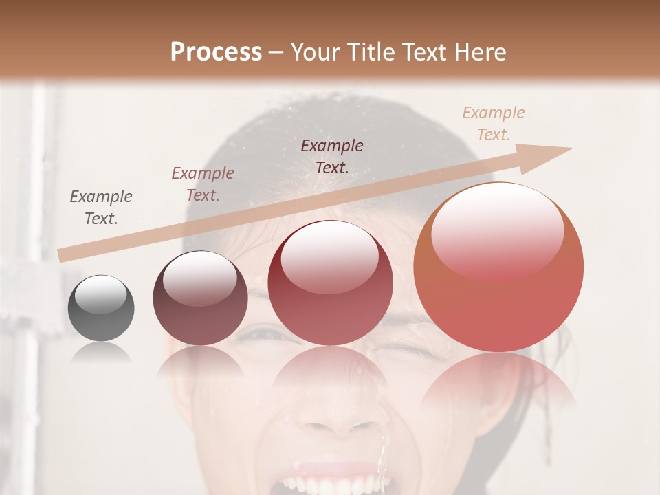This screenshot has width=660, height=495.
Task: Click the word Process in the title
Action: point(216,52)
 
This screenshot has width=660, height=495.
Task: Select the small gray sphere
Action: point(101,308)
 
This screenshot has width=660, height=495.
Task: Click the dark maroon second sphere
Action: point(200,298)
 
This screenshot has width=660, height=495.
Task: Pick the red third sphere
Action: point(330,283)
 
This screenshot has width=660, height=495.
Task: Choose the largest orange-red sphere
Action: point(498,267)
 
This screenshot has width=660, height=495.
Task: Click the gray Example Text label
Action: point(101,208)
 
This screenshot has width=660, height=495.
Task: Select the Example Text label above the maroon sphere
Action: point(203,184)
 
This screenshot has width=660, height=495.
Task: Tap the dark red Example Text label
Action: point(332,157)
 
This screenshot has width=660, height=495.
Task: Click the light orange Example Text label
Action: point(494,124)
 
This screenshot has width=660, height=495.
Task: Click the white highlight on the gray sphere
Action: point(100,294)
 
